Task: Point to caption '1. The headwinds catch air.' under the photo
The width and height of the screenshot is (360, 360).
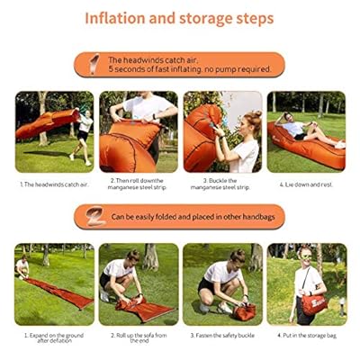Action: click(x=53, y=184)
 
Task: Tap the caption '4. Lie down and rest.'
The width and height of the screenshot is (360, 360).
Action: click(x=306, y=184)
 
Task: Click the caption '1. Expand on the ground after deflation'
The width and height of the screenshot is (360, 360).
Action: click(x=53, y=337)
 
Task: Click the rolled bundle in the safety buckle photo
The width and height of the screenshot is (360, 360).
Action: click(x=244, y=311)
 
